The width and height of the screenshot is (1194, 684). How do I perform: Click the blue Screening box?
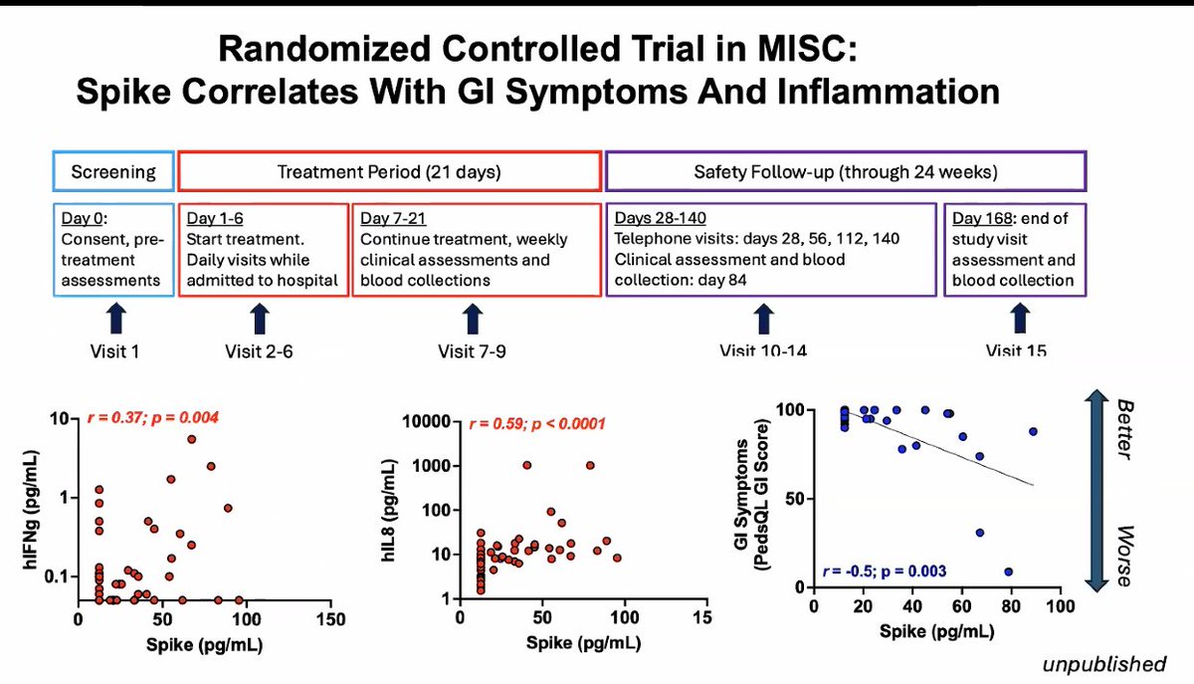pos(112,171)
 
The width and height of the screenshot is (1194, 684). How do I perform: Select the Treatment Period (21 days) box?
pos(389,171)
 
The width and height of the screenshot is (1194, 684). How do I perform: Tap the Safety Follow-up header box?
pos(845,171)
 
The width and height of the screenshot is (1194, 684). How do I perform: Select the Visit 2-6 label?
pos(259,351)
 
